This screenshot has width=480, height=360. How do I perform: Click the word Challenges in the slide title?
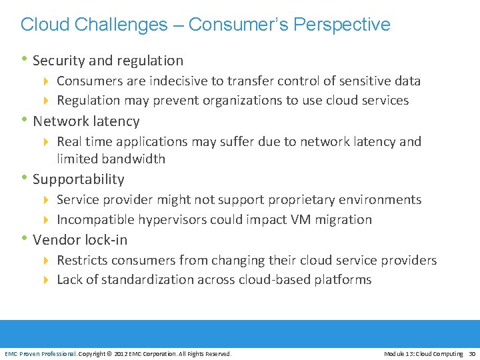[122, 25]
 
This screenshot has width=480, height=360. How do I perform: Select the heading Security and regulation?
[107, 61]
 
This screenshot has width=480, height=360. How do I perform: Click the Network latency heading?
[86, 121]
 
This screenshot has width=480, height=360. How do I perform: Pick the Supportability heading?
[78, 179]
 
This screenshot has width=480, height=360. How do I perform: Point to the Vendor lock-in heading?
[80, 240]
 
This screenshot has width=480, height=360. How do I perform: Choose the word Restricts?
[83, 260]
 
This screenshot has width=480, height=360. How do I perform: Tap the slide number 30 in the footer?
[472, 354]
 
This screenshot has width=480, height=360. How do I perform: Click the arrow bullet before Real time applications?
[47, 142]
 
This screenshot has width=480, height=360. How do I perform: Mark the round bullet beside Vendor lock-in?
[24, 239]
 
